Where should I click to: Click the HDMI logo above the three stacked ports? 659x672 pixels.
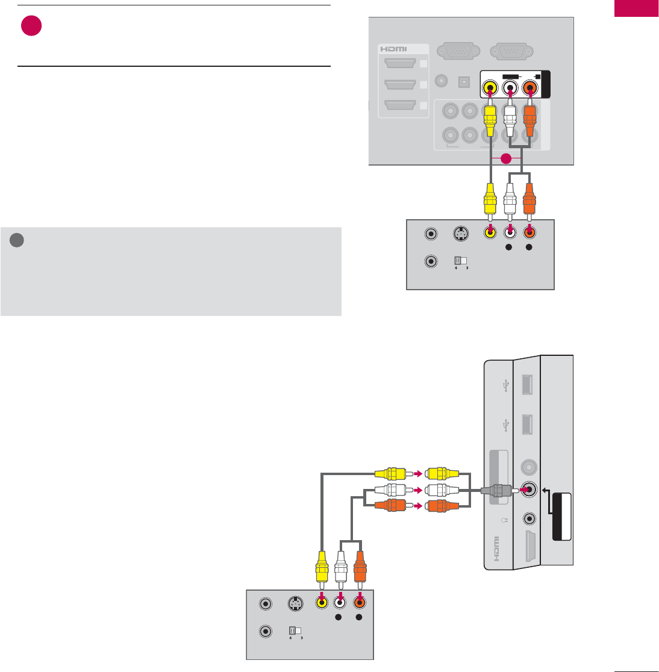click(x=393, y=48)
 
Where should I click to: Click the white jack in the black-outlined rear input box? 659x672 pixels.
click(x=510, y=88)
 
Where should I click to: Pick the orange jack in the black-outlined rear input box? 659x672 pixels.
click(x=531, y=88)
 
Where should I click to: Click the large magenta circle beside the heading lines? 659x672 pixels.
click(x=31, y=26)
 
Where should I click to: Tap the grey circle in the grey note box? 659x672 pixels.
click(x=17, y=240)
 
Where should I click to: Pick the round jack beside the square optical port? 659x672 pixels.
click(x=443, y=79)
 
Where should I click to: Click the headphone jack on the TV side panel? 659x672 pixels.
click(x=529, y=518)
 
